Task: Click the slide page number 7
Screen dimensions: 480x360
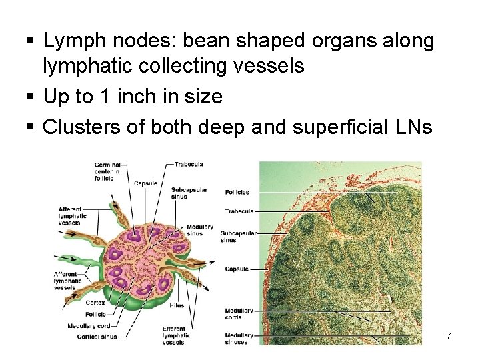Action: [x=449, y=337]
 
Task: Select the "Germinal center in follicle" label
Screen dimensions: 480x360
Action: [x=107, y=171]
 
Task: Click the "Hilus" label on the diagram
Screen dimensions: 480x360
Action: [x=177, y=305]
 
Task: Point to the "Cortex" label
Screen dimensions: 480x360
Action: [x=95, y=302]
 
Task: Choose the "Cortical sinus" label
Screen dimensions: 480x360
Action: [x=97, y=337]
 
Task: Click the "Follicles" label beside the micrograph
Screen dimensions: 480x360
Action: [x=237, y=192]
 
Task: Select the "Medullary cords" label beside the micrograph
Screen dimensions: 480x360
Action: [x=238, y=314]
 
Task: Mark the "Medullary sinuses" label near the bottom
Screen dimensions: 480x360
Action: [x=238, y=339]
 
